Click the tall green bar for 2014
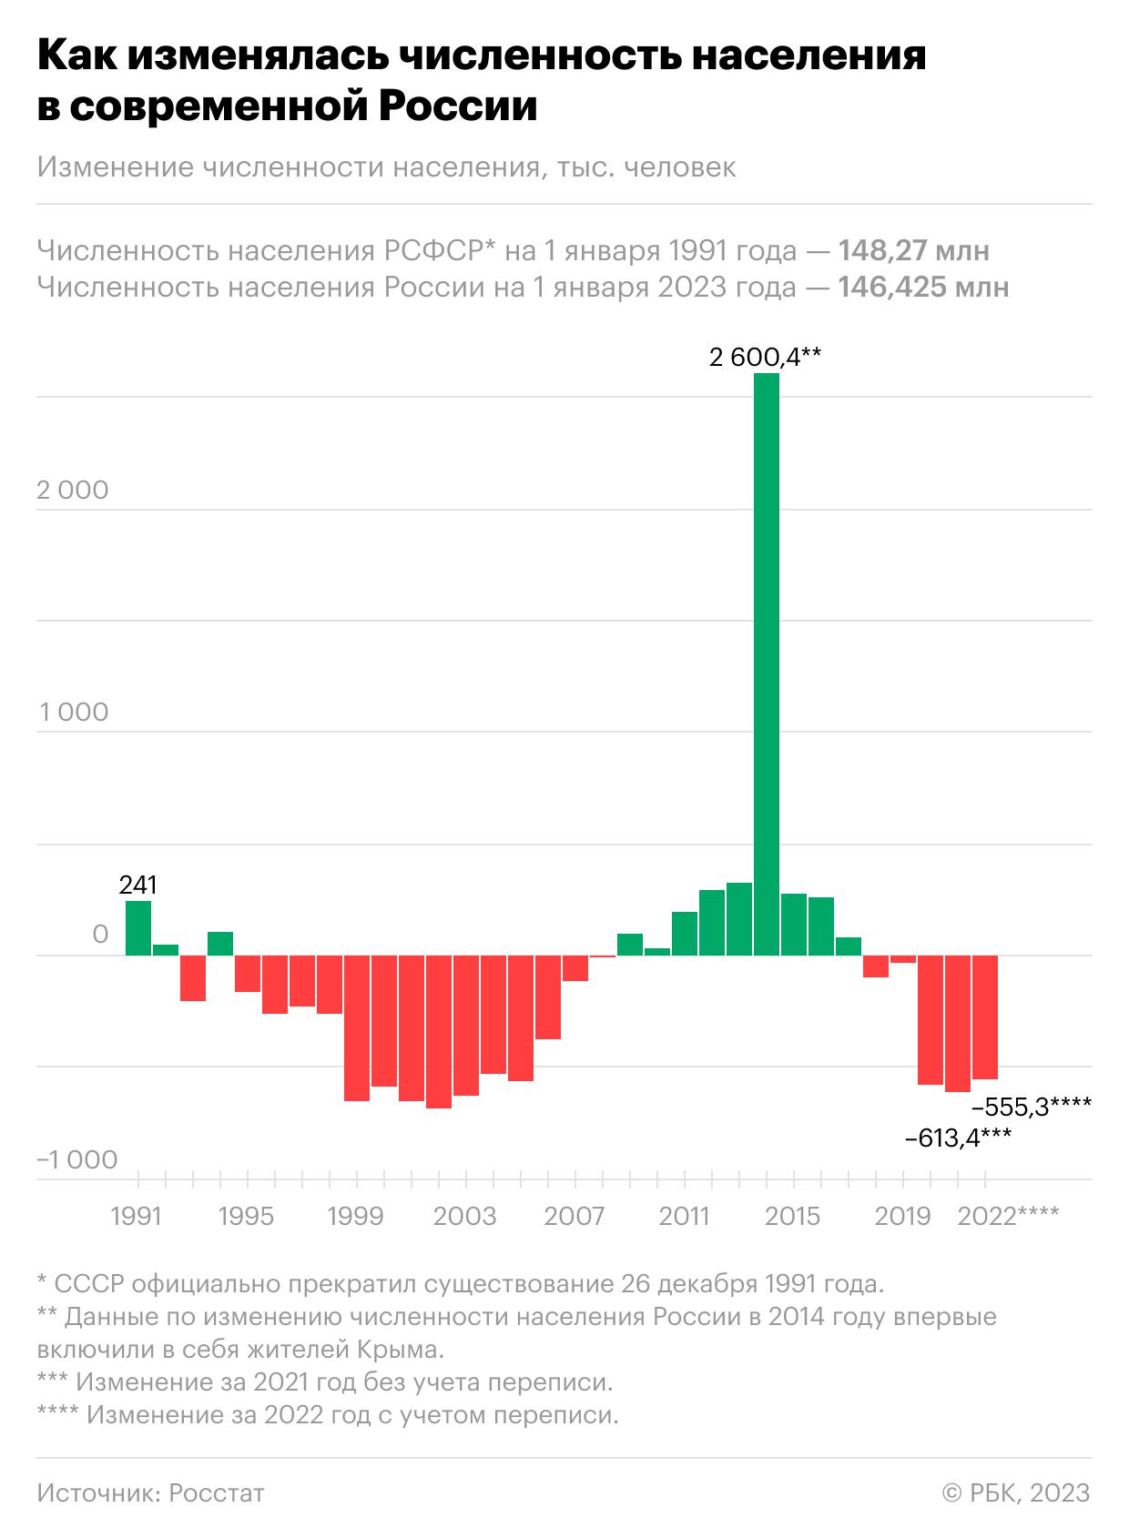[767, 664]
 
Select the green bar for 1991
[138, 928]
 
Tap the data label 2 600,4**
[765, 358]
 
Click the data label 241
[138, 885]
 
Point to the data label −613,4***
[958, 1137]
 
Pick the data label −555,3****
[1032, 1107]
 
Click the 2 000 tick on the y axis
[73, 491]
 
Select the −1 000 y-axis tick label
[77, 1159]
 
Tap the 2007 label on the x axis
[574, 1217]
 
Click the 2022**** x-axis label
[1008, 1217]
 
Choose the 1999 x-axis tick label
[355, 1217]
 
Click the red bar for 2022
[985, 1017]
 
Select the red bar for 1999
[357, 1028]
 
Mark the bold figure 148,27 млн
[913, 250]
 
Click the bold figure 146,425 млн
[922, 288]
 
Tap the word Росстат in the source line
[217, 1492]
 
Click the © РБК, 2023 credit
[1015, 1492]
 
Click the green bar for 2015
[794, 925]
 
